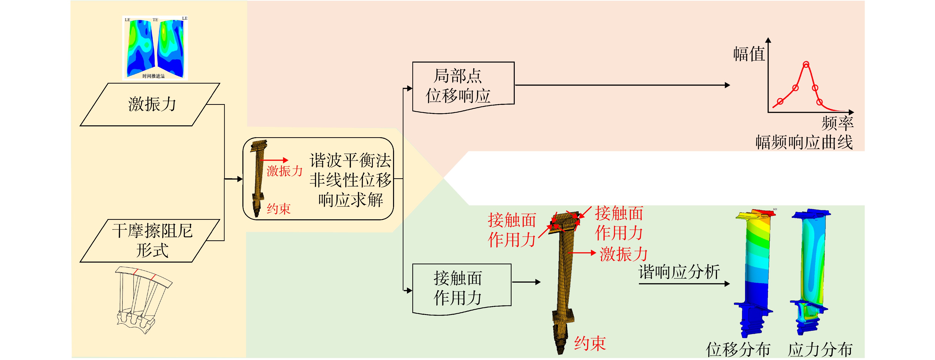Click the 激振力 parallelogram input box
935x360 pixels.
(x=150, y=105)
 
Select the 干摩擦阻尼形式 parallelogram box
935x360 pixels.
(x=150, y=241)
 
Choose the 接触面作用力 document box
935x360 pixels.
(x=462, y=289)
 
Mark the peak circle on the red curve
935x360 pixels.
(x=806, y=65)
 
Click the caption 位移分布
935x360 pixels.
(x=738, y=349)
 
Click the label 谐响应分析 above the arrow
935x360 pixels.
(x=679, y=272)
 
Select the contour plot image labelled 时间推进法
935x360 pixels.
(x=155, y=47)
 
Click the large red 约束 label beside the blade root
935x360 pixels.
(x=590, y=343)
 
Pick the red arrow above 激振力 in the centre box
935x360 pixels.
(x=274, y=160)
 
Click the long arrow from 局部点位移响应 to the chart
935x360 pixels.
(x=623, y=85)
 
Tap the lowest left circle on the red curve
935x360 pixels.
(x=780, y=101)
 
